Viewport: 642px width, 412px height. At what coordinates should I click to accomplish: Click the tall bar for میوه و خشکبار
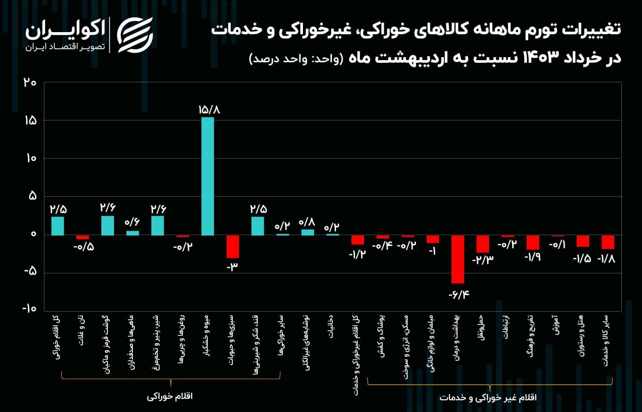208,176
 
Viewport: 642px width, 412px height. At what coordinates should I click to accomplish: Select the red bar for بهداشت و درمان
457,259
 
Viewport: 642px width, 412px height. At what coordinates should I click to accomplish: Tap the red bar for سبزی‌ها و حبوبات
233,246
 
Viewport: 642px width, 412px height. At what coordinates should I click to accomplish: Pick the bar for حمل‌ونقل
483,244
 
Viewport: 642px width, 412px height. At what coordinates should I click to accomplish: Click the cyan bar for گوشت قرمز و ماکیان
108,225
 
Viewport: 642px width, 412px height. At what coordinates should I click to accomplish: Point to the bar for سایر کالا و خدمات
608,242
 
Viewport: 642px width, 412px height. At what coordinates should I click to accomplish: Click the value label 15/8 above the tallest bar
208,108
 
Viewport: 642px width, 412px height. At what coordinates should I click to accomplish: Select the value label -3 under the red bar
232,267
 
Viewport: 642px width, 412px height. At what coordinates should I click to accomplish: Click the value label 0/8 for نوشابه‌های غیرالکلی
307,221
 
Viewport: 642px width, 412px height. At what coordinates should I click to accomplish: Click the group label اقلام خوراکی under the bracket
170,396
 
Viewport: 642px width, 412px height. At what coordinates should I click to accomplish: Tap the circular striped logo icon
134,35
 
